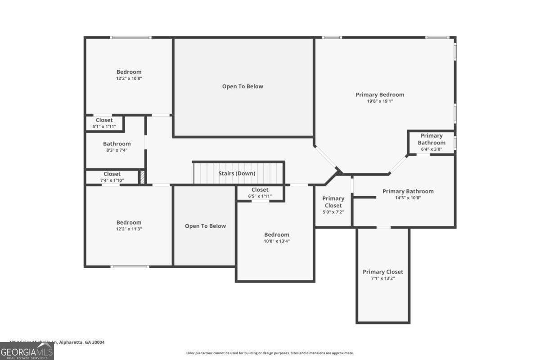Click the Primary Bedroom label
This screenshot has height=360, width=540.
pyautogui.click(x=380, y=94)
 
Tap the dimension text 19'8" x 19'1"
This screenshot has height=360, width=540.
pyautogui.click(x=380, y=101)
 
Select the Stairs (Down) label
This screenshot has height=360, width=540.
pyautogui.click(x=237, y=173)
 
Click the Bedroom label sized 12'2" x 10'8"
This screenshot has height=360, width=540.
pyautogui.click(x=129, y=72)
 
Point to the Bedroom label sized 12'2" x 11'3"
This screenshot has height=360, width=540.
pyautogui.click(x=129, y=222)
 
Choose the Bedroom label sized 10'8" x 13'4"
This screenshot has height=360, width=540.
pyautogui.click(x=276, y=234)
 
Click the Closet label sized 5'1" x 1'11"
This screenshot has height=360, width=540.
pyautogui.click(x=104, y=120)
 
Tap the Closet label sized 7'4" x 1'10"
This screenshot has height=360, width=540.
pyautogui.click(x=112, y=174)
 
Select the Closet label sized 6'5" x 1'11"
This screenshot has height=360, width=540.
pyautogui.click(x=260, y=190)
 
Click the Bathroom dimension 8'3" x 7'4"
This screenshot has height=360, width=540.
pyautogui.click(x=117, y=150)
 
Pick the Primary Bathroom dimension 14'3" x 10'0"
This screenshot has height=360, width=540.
pyautogui.click(x=408, y=198)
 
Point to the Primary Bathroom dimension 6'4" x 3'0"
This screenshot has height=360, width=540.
pyautogui.click(x=431, y=149)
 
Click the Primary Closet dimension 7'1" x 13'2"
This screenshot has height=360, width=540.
pyautogui.click(x=382, y=278)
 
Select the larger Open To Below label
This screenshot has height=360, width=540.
pyautogui.click(x=243, y=86)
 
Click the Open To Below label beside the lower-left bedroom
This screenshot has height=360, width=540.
pyautogui.click(x=205, y=226)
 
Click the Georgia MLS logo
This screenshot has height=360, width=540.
pyautogui.click(x=27, y=351)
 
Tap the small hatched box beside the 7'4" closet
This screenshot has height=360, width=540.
pyautogui.click(x=142, y=177)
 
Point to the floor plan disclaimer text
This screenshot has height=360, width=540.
pyautogui.click(x=270, y=353)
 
